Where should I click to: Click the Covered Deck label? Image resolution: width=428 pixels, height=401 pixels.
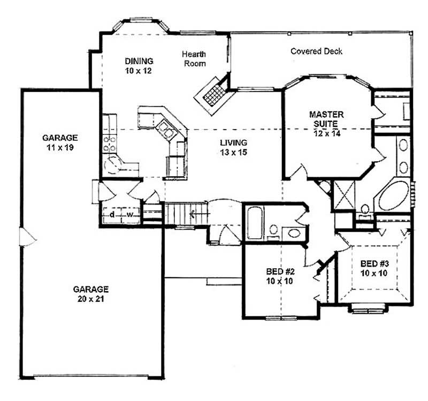pos(316,51)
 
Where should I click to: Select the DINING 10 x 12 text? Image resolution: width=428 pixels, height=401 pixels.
pos(139,65)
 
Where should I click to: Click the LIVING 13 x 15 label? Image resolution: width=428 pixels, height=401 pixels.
pos(233,147)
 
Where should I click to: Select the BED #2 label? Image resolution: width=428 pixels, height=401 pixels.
pos(280,276)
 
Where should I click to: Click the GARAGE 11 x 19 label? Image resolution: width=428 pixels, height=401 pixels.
pos(60,142)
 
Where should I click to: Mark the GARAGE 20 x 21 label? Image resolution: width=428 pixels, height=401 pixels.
pos(90,293)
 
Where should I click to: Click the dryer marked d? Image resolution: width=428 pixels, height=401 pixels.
pos(112,215)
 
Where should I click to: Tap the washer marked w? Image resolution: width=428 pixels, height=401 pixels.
pos(130,215)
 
